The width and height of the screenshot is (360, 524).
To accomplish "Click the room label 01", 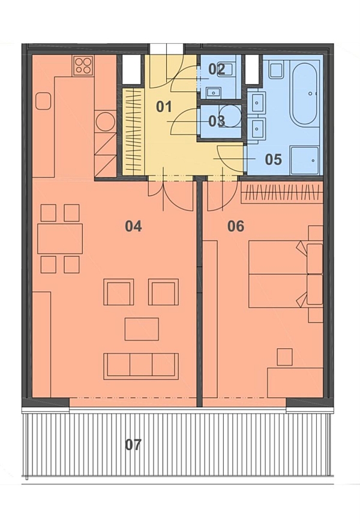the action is (164, 107).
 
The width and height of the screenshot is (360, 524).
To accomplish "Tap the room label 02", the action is (217, 69).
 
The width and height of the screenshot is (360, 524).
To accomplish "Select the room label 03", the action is (217, 121).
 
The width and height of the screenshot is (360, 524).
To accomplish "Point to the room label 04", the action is (133, 226).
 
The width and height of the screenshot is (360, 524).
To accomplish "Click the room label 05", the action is (274, 159).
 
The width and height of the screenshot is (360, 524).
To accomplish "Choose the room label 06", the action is (236, 226).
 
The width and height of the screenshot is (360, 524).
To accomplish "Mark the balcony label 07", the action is (133, 445).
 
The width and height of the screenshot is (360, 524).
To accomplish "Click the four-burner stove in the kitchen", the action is (83, 65).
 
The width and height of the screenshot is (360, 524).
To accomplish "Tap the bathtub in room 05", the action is (304, 94).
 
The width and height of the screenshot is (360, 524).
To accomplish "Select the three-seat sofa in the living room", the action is (141, 366).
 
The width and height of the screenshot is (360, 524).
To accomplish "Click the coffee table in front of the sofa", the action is (142, 329).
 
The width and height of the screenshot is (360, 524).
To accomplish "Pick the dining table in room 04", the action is (60, 239).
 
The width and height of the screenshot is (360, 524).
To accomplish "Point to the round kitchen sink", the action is (105, 121).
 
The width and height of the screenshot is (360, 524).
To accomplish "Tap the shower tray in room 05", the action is (304, 160).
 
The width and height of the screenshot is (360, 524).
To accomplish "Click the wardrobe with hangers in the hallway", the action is (133, 131).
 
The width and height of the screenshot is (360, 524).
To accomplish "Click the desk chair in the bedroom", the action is (285, 357).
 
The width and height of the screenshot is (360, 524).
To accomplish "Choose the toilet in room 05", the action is (277, 69).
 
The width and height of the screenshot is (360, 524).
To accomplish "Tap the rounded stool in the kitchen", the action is (43, 101).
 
